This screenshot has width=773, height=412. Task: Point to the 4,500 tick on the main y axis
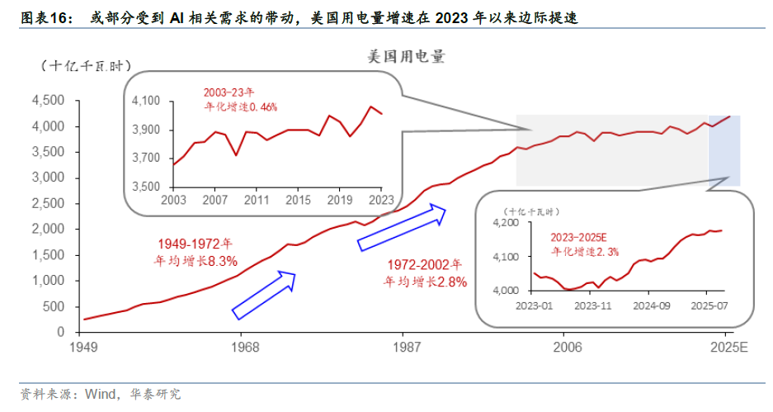point(47,101)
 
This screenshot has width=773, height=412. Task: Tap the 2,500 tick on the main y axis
point(47,203)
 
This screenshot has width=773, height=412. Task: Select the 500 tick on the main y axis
point(54,306)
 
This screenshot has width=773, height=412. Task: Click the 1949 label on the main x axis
point(82,347)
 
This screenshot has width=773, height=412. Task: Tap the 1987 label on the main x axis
point(402,347)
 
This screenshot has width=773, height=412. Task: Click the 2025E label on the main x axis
point(726,347)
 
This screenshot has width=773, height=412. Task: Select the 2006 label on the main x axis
point(563,347)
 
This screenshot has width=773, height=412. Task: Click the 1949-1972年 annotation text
point(196,244)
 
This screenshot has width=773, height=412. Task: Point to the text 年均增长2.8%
point(426,282)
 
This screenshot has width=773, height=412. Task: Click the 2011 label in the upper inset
point(257,201)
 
